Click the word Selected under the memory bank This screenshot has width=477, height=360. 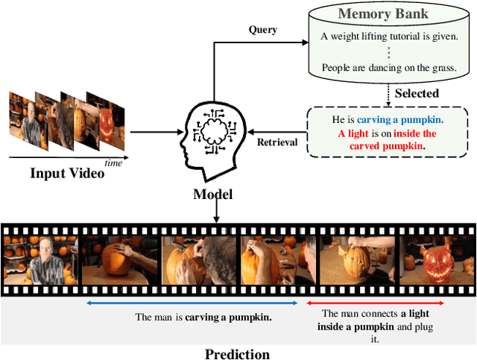click(416, 93)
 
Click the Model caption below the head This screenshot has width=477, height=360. click(212, 194)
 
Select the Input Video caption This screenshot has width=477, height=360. click(66, 174)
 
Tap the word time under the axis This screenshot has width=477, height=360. click(113, 162)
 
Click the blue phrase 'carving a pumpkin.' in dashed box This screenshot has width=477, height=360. click(399, 119)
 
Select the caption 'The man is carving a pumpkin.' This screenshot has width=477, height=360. click(203, 317)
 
